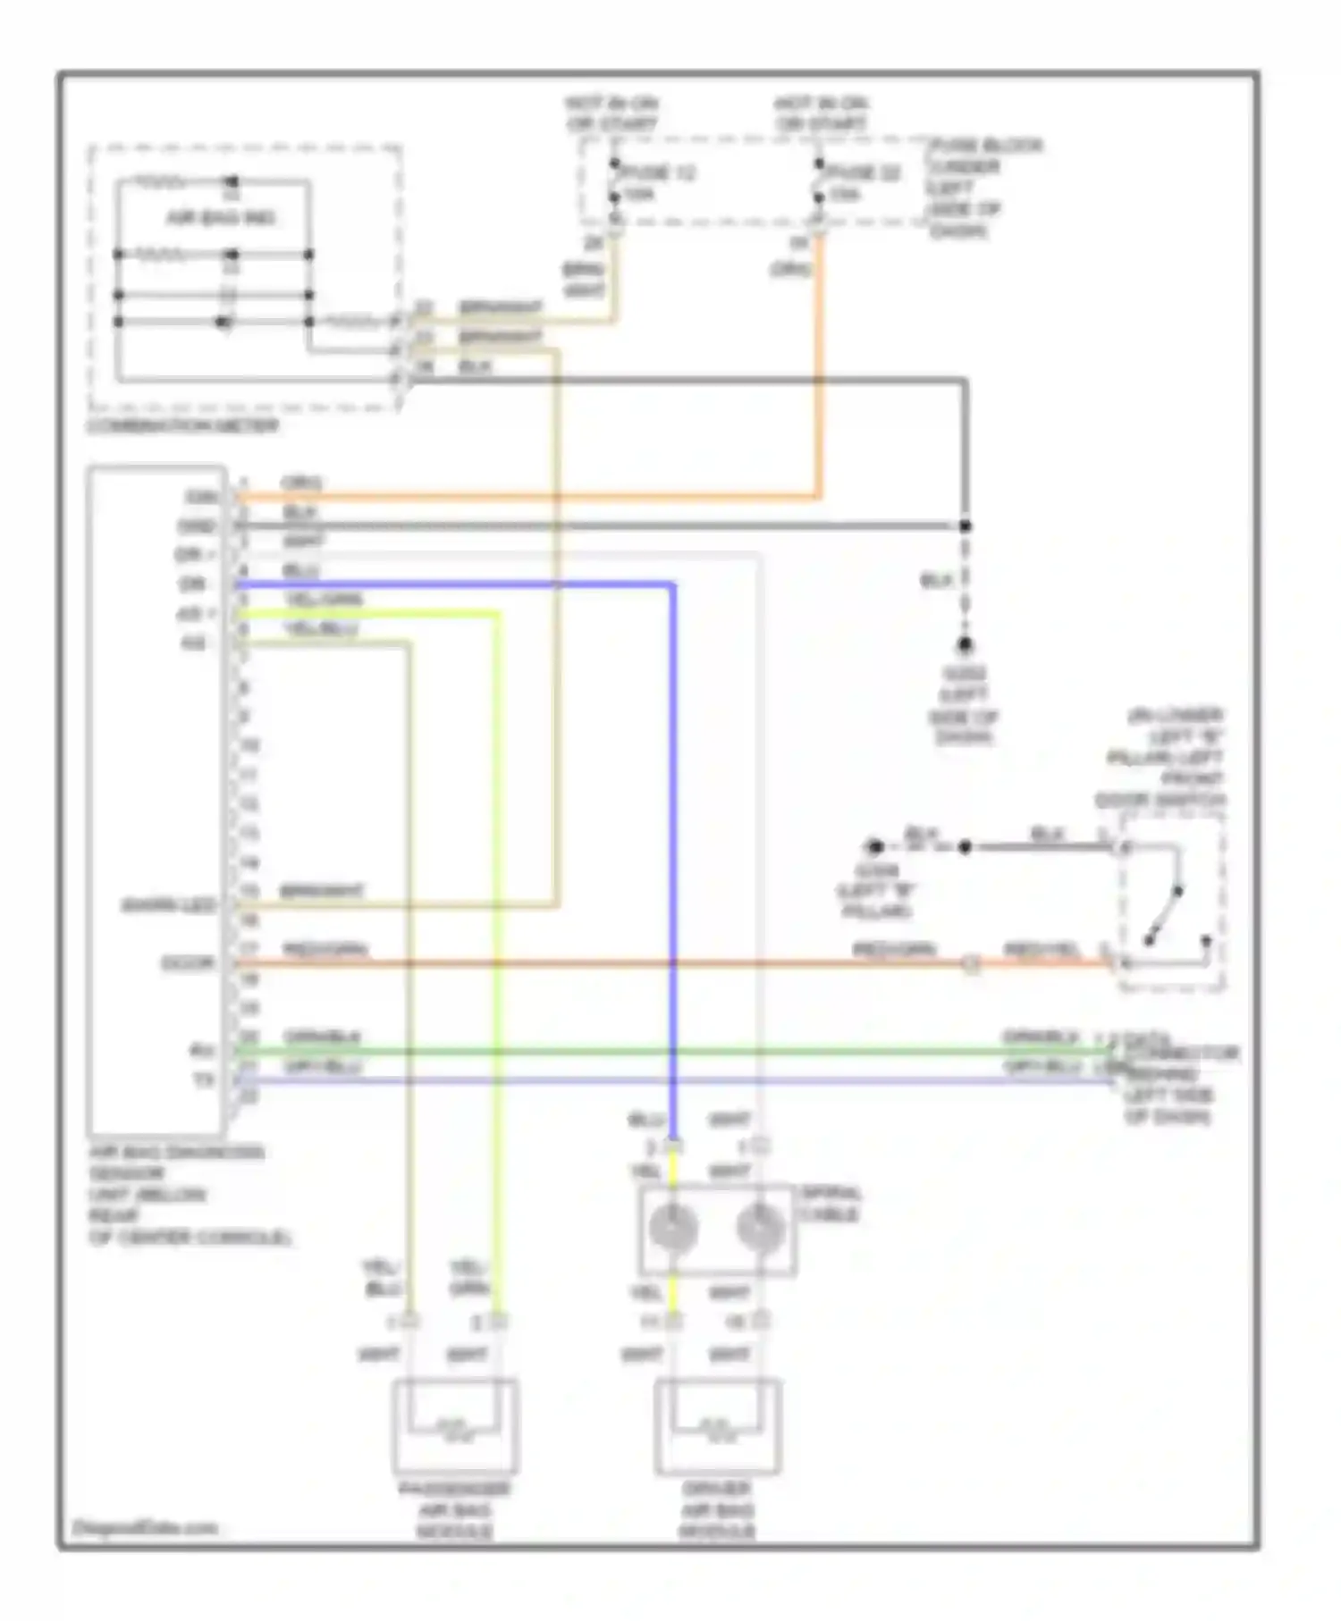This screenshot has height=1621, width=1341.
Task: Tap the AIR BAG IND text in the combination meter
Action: [221, 218]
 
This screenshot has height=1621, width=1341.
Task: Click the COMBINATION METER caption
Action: [183, 425]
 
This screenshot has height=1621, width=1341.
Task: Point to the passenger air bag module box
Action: [455, 1427]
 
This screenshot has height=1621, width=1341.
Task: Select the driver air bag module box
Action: [718, 1427]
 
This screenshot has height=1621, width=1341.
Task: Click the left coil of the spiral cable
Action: [672, 1228]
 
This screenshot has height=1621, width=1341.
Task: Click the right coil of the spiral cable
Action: [760, 1228]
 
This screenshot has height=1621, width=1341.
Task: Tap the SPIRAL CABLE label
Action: [831, 1204]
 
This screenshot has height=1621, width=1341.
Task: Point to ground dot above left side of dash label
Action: [965, 644]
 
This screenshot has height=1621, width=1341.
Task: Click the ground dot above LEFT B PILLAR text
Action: [875, 846]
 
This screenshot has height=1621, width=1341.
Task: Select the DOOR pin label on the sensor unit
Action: [187, 963]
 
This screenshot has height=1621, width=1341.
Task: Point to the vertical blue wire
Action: [672, 849]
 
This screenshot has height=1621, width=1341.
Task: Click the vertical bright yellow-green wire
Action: [498, 938]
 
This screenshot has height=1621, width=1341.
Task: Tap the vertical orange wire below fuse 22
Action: [818, 375]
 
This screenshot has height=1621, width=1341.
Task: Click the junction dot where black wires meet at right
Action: [965, 526]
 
